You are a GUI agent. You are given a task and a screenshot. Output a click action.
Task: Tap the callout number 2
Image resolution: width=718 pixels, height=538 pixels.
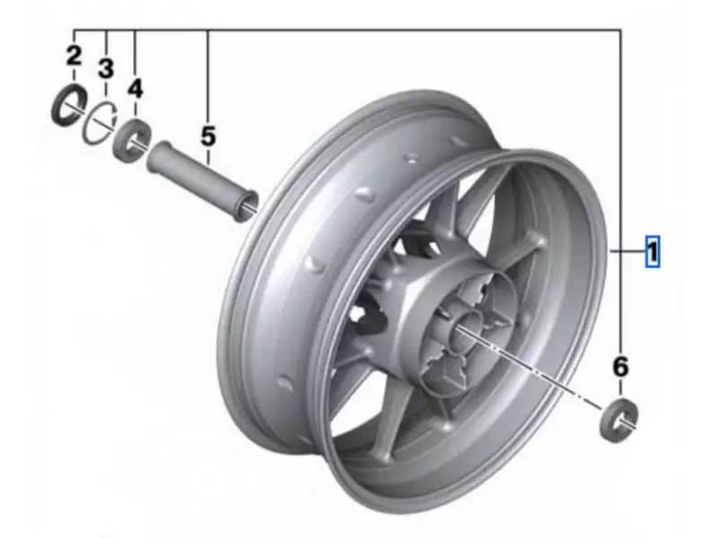(74, 56)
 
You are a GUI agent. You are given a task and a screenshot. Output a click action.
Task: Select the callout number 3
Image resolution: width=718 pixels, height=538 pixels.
(106, 68)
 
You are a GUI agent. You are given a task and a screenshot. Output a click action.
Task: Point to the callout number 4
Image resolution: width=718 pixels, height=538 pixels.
(135, 88)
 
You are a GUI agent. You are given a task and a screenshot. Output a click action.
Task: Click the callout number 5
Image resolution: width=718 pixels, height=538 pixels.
(208, 136)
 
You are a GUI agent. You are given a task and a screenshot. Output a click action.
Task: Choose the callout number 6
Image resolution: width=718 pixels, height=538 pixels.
(620, 367)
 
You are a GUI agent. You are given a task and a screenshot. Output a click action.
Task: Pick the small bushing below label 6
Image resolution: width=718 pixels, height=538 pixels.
(619, 418)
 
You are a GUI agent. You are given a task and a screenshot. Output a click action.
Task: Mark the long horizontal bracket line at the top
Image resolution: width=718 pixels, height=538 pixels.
(359, 30)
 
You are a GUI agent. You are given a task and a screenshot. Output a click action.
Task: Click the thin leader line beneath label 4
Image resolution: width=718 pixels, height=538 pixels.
(135, 109)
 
